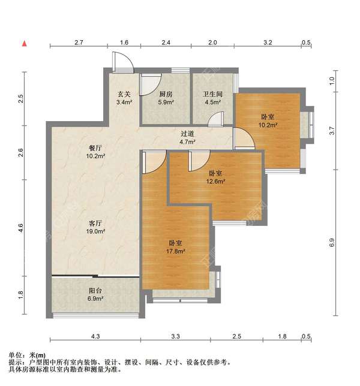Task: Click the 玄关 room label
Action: pyautogui.click(x=124, y=94)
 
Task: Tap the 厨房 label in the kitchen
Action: pyautogui.click(x=166, y=94)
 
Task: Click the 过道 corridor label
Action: pyautogui.click(x=188, y=134)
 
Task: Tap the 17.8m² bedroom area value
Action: pyautogui.click(x=176, y=252)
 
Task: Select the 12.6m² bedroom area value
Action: pyautogui.click(x=216, y=182)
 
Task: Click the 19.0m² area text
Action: pyautogui.click(x=97, y=231)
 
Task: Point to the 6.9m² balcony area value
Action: pyautogui.click(x=96, y=298)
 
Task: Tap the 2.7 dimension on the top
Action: pyautogui.click(x=78, y=43)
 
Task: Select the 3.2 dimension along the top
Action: pyautogui.click(x=268, y=43)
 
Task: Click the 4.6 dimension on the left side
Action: pyautogui.click(x=20, y=227)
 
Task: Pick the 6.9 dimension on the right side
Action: pyautogui.click(x=332, y=243)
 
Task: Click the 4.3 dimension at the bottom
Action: pyautogui.click(x=97, y=336)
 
